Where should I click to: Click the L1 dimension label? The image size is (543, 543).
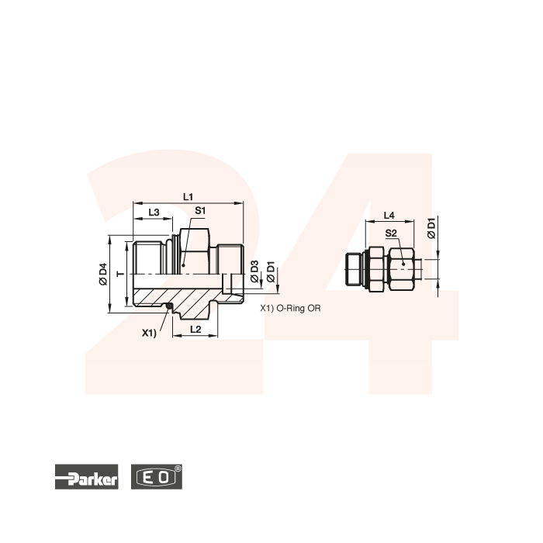(x=188, y=197)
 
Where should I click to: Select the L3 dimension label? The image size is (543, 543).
(x=154, y=213)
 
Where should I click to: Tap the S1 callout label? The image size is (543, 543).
(x=200, y=210)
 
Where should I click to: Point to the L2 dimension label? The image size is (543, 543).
(x=195, y=329)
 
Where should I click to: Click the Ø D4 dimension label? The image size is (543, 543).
(x=103, y=275)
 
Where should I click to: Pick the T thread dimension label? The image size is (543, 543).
(x=121, y=274)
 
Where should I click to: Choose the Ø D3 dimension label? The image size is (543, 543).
(x=254, y=271)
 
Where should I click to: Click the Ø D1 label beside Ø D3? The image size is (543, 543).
(x=271, y=272)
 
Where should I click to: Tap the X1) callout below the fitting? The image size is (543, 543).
(x=149, y=333)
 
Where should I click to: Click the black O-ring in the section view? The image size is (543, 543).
(x=168, y=306)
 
